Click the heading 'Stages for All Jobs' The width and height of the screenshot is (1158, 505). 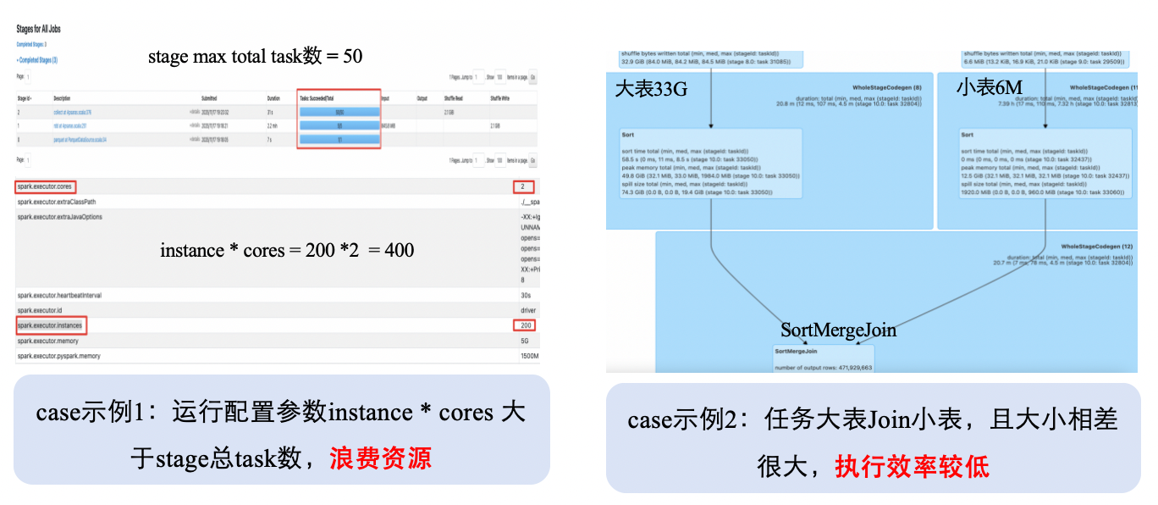click(38, 29)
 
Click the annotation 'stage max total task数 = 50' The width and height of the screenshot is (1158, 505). click(255, 57)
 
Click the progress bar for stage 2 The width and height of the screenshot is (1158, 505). click(339, 111)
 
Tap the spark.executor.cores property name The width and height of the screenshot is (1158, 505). click(46, 186)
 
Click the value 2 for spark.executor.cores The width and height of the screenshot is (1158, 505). click(523, 186)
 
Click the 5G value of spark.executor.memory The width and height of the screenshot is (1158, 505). click(526, 341)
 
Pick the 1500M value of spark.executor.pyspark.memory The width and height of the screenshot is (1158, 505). click(529, 356)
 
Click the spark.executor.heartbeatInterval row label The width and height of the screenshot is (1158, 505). click(58, 295)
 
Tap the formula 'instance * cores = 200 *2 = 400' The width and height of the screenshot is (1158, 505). click(287, 250)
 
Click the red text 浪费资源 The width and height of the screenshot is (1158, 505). click(381, 458)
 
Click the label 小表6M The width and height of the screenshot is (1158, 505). click(989, 87)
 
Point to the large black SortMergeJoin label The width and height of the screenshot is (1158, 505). click(838, 330)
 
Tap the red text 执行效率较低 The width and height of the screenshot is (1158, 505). click(912, 465)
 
